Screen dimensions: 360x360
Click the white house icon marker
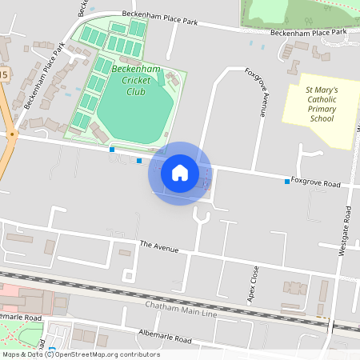pos(179,173)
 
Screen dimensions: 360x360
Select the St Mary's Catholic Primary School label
pos(322,104)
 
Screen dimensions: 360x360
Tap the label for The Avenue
pos(158,246)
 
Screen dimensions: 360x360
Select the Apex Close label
pos(255,283)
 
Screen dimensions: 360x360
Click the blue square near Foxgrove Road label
pos(287,182)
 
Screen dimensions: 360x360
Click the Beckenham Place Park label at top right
pos(309,32)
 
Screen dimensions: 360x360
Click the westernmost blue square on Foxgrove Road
pos(112,149)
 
